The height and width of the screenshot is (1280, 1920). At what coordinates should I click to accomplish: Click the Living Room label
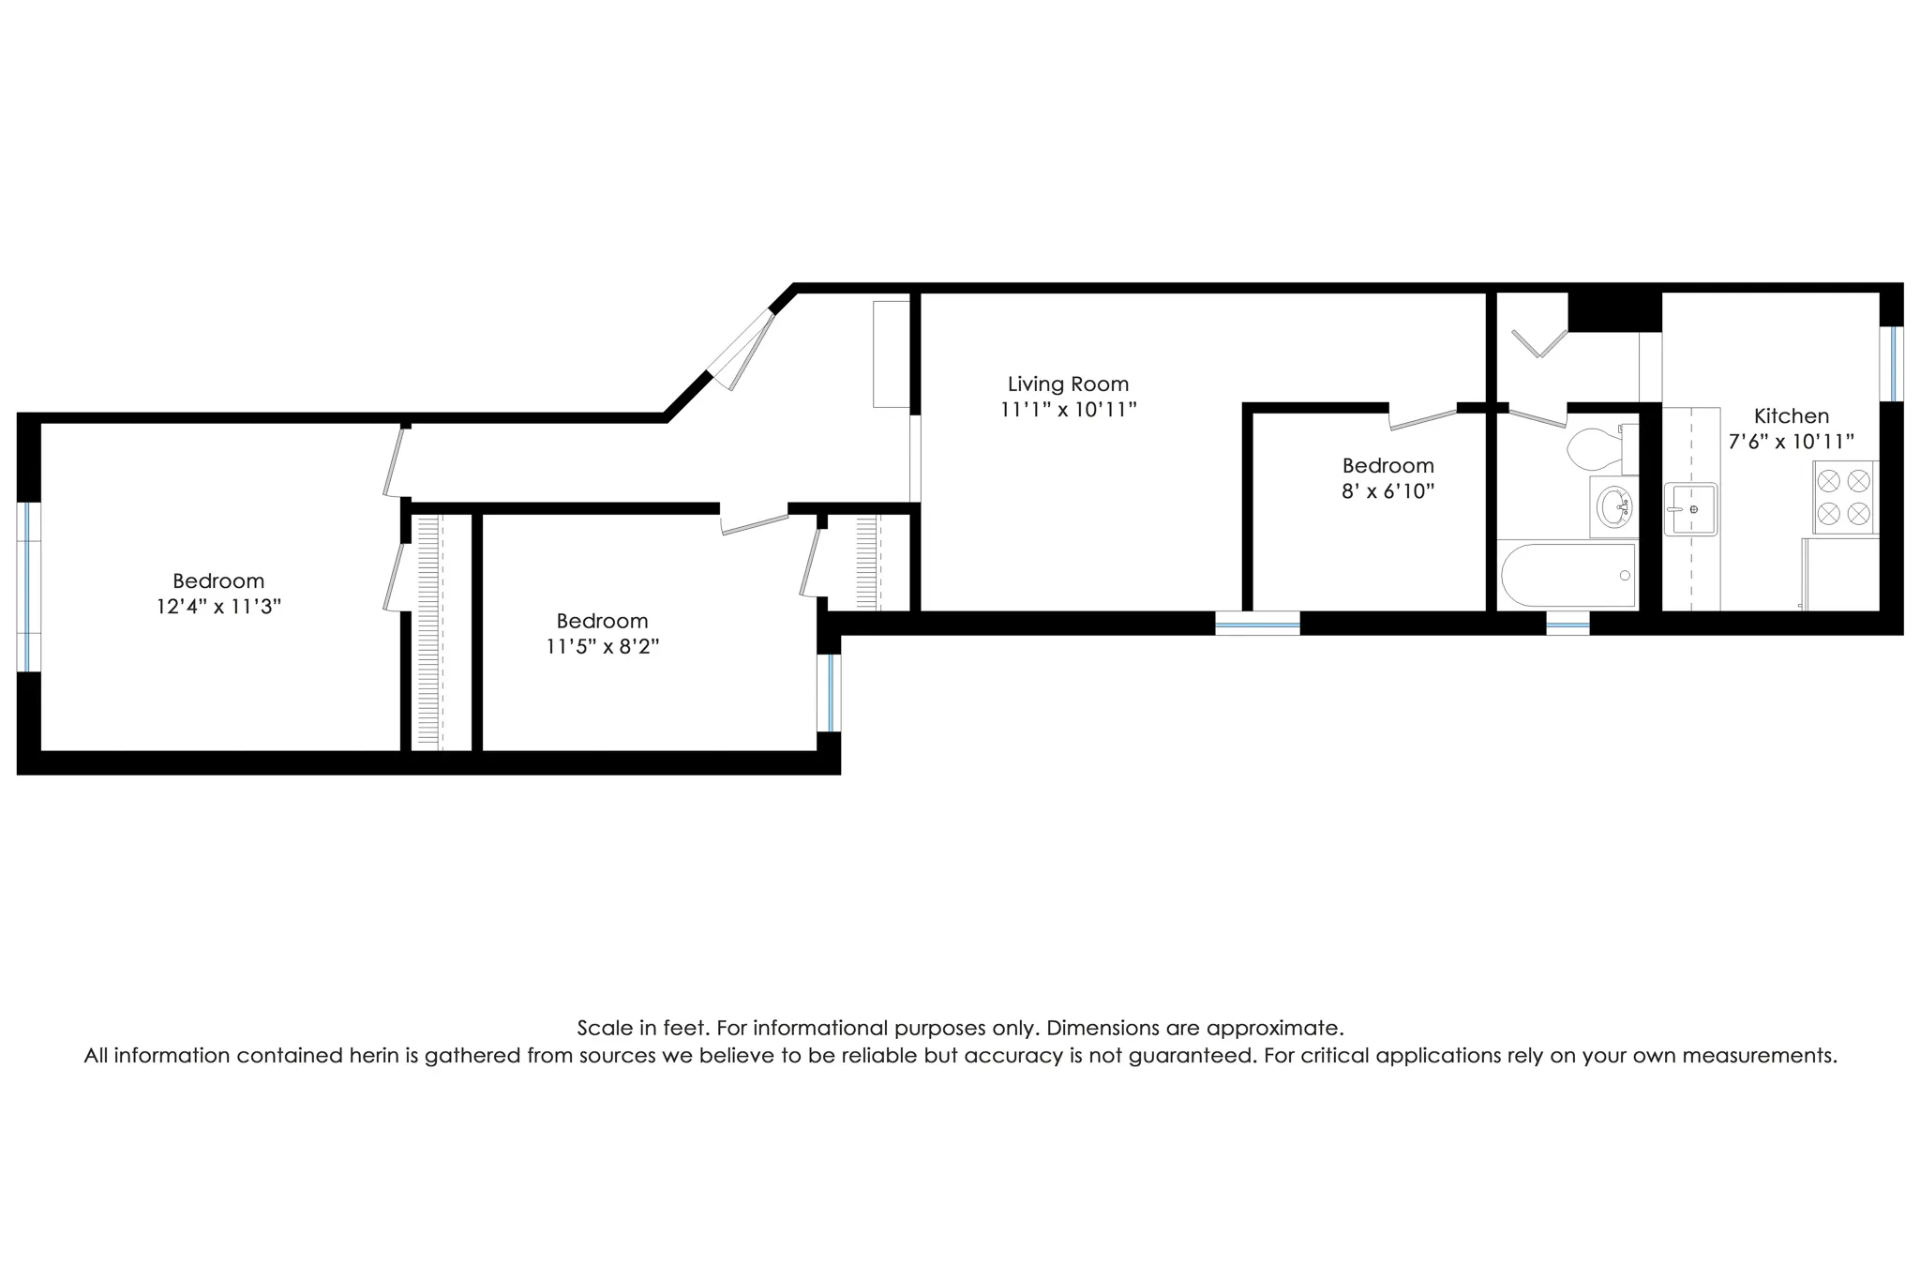1068,384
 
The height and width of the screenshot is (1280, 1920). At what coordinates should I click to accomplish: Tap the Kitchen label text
1791,415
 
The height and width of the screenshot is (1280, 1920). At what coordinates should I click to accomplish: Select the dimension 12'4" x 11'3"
218,607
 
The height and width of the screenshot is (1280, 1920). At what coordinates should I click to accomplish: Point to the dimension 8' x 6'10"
1387,491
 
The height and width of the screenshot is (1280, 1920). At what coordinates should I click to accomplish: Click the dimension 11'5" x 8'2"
602,646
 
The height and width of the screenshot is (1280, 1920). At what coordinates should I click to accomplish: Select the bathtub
1567,575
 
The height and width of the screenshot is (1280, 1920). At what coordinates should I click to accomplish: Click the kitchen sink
1690,509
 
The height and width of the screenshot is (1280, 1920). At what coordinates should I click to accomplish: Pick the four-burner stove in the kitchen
1844,497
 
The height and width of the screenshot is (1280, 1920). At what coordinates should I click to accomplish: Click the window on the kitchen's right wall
1891,363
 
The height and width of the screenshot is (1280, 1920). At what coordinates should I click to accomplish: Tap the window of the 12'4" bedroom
29,587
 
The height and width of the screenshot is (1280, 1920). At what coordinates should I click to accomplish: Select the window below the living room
1257,624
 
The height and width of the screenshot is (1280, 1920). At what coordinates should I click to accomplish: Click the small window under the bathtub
1567,624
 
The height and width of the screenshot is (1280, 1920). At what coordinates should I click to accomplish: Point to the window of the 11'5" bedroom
830,692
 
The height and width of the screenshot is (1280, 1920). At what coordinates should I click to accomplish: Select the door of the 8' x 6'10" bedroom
1422,417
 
